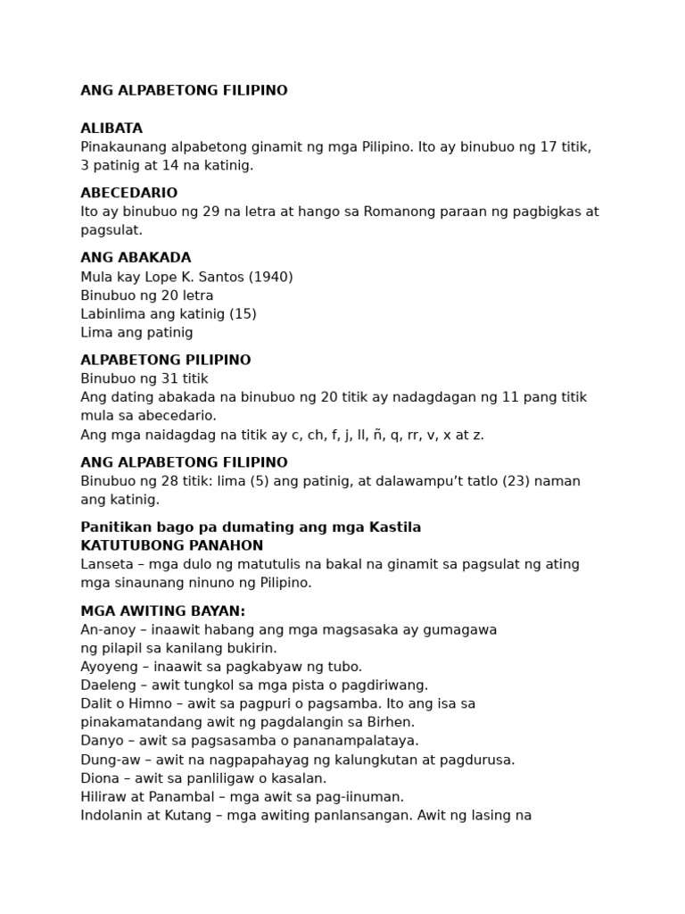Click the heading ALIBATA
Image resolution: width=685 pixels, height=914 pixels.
111,129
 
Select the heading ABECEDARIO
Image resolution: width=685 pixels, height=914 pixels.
128,193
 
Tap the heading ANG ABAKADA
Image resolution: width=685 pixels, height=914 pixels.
136,258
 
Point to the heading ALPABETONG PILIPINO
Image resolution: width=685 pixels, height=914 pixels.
165,361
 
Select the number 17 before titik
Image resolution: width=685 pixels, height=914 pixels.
549,147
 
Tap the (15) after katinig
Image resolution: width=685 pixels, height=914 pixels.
243,314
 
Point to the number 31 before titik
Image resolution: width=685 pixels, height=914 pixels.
168,379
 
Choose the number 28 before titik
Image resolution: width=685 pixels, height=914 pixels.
168,481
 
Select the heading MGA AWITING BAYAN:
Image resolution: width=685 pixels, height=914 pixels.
162,611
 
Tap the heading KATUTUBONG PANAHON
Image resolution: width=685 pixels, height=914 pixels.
171,545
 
